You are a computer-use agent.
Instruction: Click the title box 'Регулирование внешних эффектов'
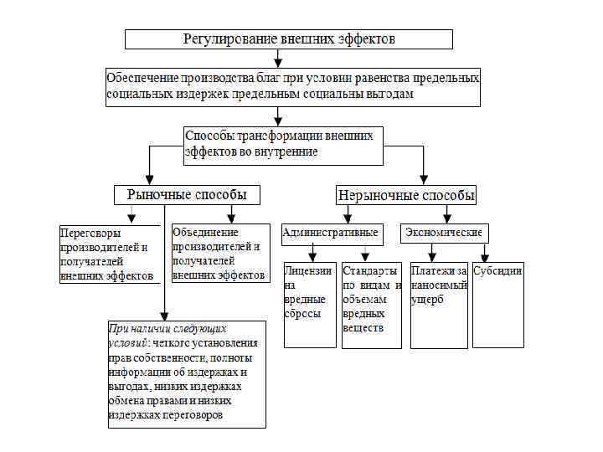coord(289,39)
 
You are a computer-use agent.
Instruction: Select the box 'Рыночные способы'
coord(187,195)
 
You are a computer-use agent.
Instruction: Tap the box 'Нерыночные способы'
coord(406,195)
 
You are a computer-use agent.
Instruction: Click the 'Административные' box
coord(331,233)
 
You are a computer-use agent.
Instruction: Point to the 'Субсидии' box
coord(498,305)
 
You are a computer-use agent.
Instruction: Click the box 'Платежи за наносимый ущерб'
coord(439,305)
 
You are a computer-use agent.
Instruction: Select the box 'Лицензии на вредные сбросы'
coord(310,305)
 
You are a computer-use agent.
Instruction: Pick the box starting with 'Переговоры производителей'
coord(109,254)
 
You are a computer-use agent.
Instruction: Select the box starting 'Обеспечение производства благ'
coord(293,87)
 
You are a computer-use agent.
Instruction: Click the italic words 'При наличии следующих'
coord(167,329)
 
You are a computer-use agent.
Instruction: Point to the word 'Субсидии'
coord(498,271)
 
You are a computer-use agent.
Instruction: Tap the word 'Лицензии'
coord(308,271)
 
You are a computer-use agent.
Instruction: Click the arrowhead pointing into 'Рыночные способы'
coord(150,178)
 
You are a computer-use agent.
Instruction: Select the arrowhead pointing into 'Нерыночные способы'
coord(424,178)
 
